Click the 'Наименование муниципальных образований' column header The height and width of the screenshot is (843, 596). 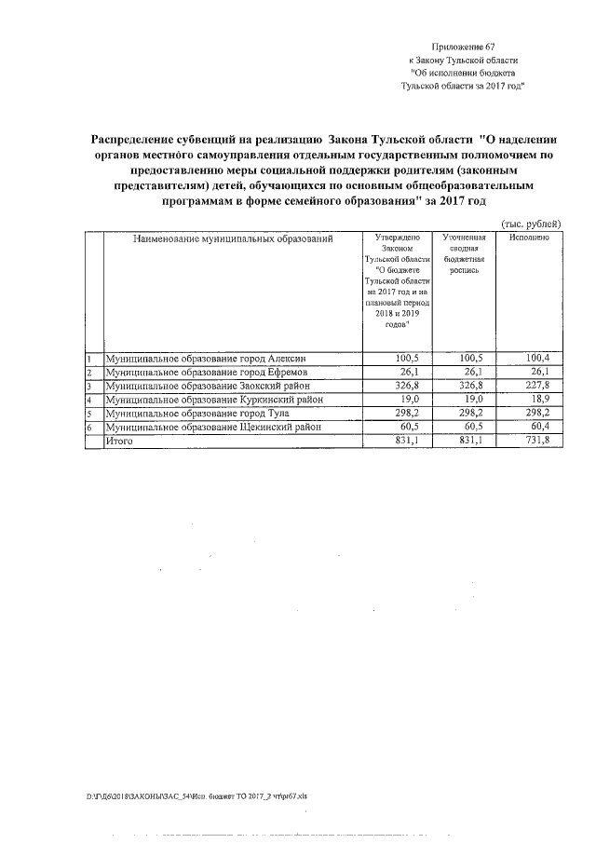click(232, 239)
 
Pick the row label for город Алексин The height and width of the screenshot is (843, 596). click(206, 358)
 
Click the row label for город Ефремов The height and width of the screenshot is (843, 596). click(206, 372)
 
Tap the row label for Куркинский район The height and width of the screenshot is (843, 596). click(214, 400)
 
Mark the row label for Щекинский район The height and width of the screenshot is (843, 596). click(213, 427)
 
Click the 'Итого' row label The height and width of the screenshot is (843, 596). click(120, 441)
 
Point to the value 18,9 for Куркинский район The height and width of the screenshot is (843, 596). click(541, 400)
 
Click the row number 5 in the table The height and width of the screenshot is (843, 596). click(88, 414)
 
